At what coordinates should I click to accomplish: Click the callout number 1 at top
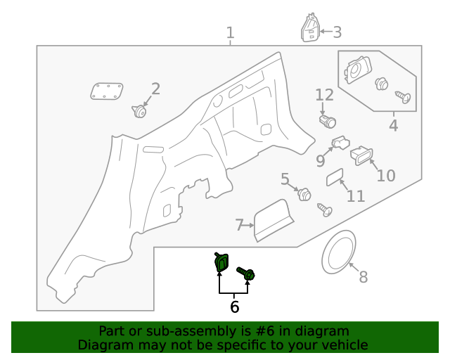pyautogui.click(x=230, y=32)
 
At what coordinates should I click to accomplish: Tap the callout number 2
pyautogui.click(x=155, y=89)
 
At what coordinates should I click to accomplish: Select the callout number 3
pyautogui.click(x=337, y=32)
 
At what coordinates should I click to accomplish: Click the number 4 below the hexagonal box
pyautogui.click(x=393, y=126)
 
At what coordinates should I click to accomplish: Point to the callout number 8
pyautogui.click(x=363, y=277)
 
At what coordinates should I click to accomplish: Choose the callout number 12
pyautogui.click(x=324, y=94)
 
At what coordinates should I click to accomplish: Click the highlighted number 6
pyautogui.click(x=234, y=307)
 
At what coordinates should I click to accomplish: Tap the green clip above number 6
pyautogui.click(x=221, y=263)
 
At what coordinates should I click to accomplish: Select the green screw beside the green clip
pyautogui.click(x=246, y=274)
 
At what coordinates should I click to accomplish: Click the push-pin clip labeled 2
pyautogui.click(x=139, y=111)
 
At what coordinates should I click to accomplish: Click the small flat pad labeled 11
pyautogui.click(x=335, y=177)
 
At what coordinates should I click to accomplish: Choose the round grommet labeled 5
pyautogui.click(x=304, y=194)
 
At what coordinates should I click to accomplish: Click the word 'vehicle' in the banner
pyautogui.click(x=344, y=345)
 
